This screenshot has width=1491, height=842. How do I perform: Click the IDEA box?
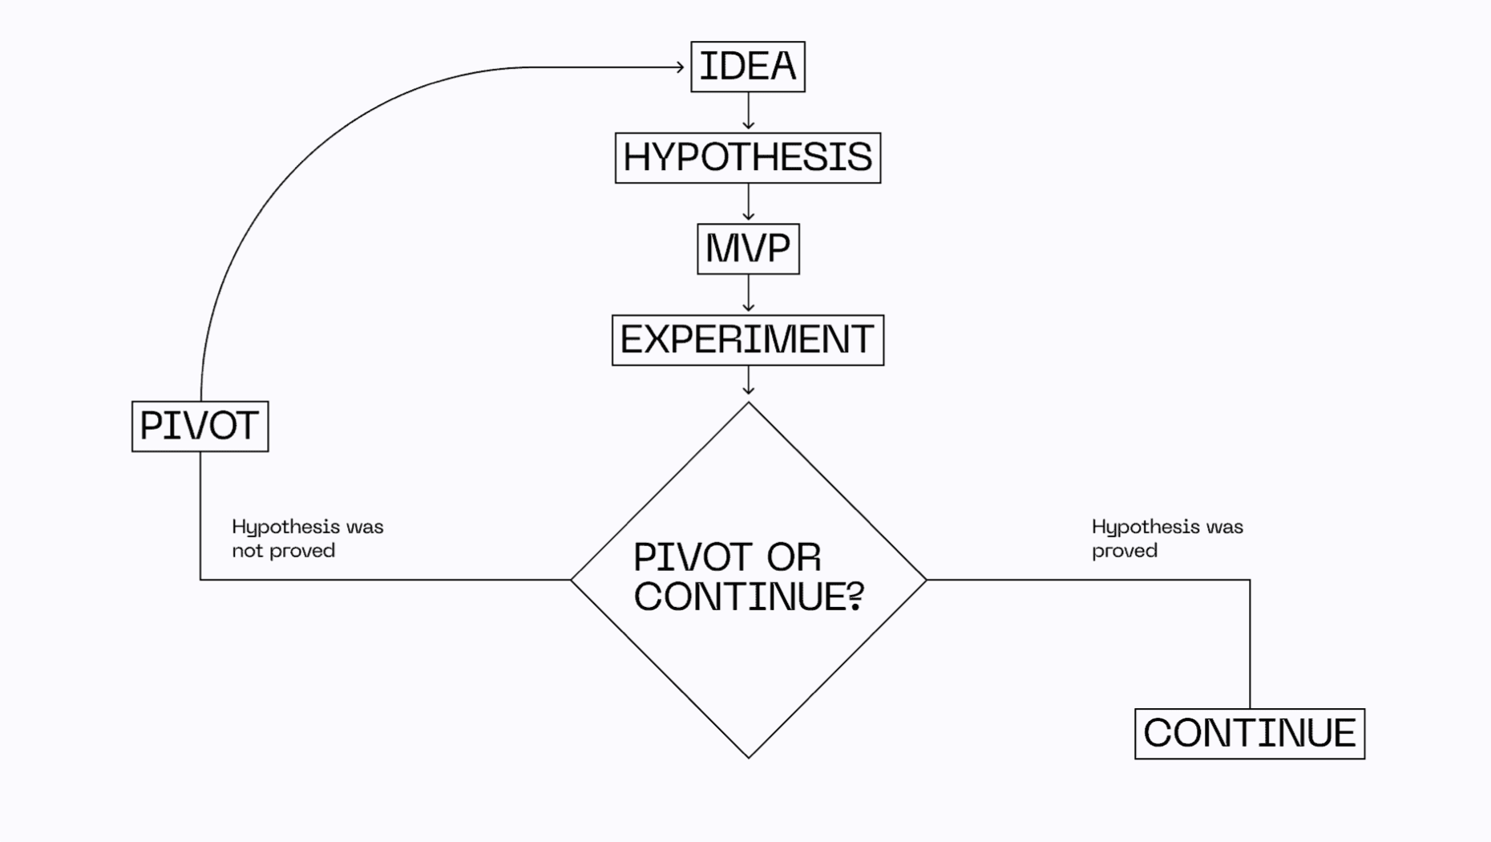click(x=748, y=67)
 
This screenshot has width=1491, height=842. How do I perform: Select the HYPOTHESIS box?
click(x=748, y=158)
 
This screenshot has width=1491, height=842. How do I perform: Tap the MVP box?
click(x=748, y=249)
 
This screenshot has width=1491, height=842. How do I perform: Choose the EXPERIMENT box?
click(x=748, y=340)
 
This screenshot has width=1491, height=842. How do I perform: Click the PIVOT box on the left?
click(x=200, y=426)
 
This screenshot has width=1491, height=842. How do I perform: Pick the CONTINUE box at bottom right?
click(x=1250, y=734)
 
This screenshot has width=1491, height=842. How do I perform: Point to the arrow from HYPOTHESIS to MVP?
click(x=749, y=203)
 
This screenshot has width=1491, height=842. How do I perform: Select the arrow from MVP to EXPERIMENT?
click(x=749, y=294)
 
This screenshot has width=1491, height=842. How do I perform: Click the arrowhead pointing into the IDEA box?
click(x=679, y=67)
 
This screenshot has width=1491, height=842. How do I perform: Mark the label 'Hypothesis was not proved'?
click(x=307, y=538)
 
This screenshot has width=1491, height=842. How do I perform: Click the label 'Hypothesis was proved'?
click(x=1166, y=538)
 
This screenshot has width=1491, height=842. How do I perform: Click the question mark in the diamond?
click(x=855, y=597)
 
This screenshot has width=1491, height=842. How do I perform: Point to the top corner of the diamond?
click(x=749, y=404)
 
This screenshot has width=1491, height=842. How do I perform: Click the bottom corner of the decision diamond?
click(x=749, y=755)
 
